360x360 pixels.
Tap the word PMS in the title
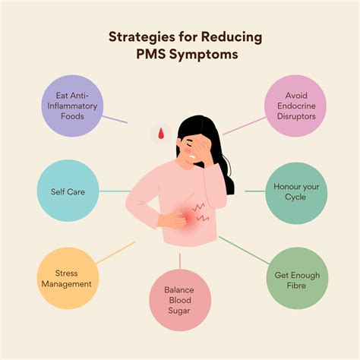151,54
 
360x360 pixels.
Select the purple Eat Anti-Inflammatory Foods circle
72,106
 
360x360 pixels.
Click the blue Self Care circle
68,191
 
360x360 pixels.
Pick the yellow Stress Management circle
68,278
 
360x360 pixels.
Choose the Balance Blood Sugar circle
180,300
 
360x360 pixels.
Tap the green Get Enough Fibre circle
297,278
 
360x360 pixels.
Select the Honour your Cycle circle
296,193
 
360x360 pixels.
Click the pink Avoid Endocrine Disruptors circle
295,106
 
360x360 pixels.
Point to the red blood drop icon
161,134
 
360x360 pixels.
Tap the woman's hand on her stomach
172,219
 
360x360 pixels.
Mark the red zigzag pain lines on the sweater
201,212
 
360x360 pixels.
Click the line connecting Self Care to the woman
115,191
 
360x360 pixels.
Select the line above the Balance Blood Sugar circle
180,261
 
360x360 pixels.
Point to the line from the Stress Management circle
116,252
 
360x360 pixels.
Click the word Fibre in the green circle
296,286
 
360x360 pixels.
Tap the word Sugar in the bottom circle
179,311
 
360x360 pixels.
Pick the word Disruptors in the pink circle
296,116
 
